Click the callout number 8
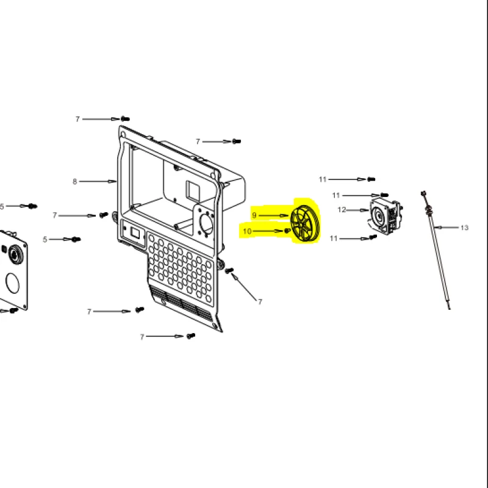(x=74, y=181)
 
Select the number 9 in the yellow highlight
(x=254, y=215)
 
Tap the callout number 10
(x=247, y=231)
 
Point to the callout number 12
(x=342, y=210)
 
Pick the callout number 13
(x=464, y=228)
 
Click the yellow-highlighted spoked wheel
(x=304, y=223)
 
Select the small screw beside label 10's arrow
(x=287, y=231)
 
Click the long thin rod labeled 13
(x=436, y=251)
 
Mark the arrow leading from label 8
(x=98, y=181)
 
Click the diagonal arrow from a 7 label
(x=244, y=287)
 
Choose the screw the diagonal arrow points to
(x=229, y=270)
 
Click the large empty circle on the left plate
(x=13, y=283)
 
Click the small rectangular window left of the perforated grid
(x=135, y=233)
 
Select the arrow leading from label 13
(x=447, y=228)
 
